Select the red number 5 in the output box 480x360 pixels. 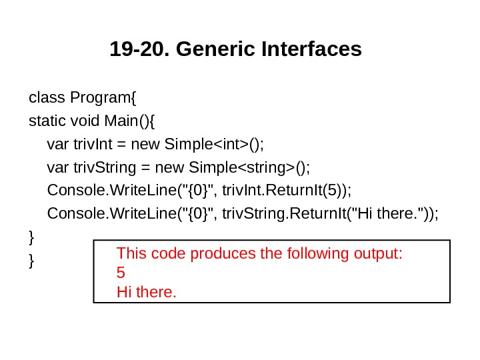[x=121, y=273]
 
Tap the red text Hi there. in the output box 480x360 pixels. [x=147, y=291]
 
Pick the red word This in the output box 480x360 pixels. [x=131, y=254]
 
